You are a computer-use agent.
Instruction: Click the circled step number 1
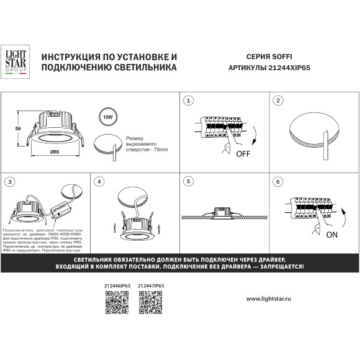pyautogui.click(x=189, y=101)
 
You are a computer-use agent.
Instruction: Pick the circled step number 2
pyautogui.click(x=279, y=101)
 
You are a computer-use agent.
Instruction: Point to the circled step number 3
pyautogui.click(x=9, y=182)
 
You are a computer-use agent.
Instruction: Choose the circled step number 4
pyautogui.click(x=99, y=182)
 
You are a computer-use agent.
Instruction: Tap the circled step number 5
pyautogui.click(x=189, y=182)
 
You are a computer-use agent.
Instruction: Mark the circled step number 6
pyautogui.click(x=279, y=182)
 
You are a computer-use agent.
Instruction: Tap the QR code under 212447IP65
pyautogui.click(x=149, y=303)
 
